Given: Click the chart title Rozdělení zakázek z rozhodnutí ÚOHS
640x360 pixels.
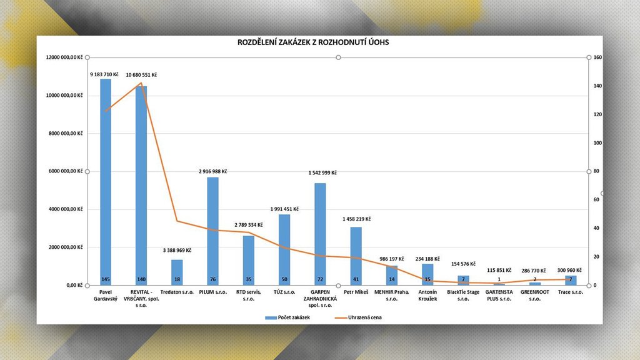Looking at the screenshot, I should click(x=313, y=42).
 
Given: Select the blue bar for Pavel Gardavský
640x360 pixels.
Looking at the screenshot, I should click(x=106, y=181).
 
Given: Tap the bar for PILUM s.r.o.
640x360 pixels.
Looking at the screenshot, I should click(x=213, y=231).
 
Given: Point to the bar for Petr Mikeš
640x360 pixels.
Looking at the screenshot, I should click(x=356, y=256).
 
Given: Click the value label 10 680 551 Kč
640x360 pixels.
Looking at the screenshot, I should click(x=141, y=75).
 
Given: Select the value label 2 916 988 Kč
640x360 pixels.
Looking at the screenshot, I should click(x=213, y=171).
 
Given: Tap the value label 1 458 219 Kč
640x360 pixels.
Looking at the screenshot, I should click(x=357, y=219).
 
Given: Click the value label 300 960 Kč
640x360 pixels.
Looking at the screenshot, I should click(x=569, y=271).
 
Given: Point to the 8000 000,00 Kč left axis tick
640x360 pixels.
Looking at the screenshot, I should click(x=66, y=133).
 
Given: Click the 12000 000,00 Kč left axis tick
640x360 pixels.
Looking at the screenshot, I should click(x=64, y=57).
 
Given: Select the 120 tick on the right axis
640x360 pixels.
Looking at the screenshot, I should click(x=597, y=114).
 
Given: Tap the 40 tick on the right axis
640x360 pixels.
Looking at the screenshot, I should click(x=596, y=228).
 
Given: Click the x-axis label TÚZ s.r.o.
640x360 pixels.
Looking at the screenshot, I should click(x=284, y=292).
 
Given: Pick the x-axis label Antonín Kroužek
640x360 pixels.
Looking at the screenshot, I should click(x=427, y=295).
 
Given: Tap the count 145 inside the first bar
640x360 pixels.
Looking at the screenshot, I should click(x=106, y=279).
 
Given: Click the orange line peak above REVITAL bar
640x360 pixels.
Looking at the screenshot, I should click(x=141, y=83).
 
